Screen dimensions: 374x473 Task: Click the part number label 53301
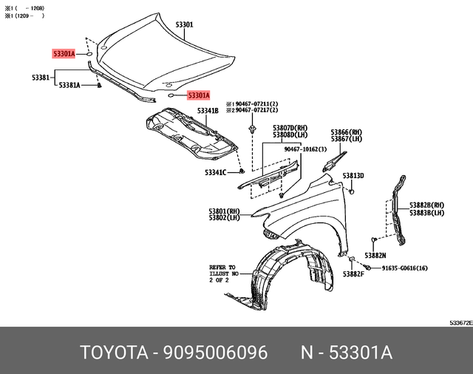pyautogui.click(x=184, y=24)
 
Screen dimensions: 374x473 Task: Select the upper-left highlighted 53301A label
pyautogui.click(x=63, y=54)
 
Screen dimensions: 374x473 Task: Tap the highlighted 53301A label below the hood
pyautogui.click(x=198, y=95)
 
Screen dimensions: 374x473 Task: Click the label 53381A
pyautogui.click(x=69, y=85)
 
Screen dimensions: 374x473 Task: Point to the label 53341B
pyautogui.click(x=207, y=111)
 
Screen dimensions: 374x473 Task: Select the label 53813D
pyautogui.click(x=353, y=175)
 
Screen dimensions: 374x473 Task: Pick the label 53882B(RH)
pyautogui.click(x=427, y=205)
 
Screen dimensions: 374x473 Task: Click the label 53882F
pyautogui.click(x=353, y=274)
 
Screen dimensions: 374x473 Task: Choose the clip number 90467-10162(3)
pyautogui.click(x=305, y=149)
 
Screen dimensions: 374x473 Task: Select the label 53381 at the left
pyautogui.click(x=41, y=77)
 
